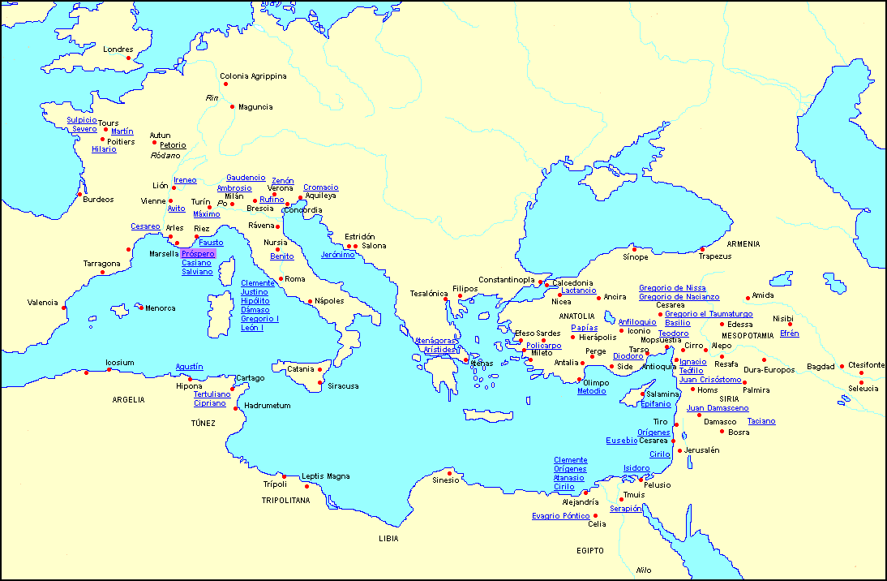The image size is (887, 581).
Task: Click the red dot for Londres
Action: (x=128, y=58)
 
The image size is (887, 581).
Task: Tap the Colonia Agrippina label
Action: (x=253, y=76)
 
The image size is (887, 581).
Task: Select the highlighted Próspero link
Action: (x=198, y=254)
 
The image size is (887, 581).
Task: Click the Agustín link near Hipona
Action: (x=189, y=367)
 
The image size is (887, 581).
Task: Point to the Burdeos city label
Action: (x=98, y=200)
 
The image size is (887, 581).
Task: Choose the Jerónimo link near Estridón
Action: (x=337, y=255)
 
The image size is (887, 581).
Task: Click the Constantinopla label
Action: (x=506, y=280)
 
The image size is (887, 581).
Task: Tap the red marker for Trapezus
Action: (x=702, y=249)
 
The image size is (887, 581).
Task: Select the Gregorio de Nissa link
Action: (x=671, y=288)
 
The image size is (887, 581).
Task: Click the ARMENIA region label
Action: (x=743, y=244)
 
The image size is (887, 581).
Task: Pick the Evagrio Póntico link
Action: (x=560, y=516)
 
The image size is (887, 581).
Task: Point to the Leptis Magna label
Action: (x=325, y=476)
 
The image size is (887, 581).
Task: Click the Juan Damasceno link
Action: (x=717, y=408)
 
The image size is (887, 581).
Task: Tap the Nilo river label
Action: (x=644, y=570)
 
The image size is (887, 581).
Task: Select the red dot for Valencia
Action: (x=64, y=307)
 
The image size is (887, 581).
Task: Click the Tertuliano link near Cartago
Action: (x=212, y=394)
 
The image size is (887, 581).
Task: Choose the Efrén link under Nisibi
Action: (x=789, y=334)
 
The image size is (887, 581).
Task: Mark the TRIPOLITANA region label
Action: (x=285, y=501)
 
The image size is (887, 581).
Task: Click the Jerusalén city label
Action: (x=701, y=450)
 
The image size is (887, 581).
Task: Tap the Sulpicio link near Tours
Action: (x=82, y=120)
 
